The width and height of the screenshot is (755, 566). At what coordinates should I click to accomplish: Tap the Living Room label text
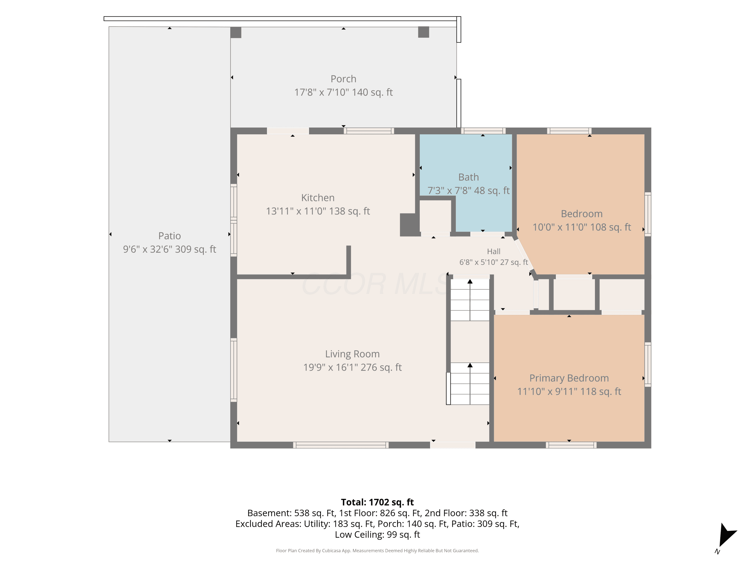tap(352, 354)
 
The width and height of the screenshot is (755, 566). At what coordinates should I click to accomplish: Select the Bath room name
tap(468, 177)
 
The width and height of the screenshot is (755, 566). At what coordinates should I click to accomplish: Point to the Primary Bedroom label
tap(569, 378)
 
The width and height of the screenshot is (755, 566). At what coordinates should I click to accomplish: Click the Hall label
tap(494, 252)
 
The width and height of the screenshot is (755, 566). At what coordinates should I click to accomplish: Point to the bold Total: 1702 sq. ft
tap(377, 502)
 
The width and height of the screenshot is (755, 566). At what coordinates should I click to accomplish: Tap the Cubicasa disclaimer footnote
tap(377, 551)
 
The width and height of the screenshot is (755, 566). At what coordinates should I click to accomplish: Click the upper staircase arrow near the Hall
tap(470, 300)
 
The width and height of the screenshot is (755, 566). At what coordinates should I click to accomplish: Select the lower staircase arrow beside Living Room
tap(470, 383)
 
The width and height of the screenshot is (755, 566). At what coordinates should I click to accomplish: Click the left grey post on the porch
tap(236, 33)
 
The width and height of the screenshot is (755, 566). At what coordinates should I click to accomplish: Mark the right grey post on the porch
tap(424, 32)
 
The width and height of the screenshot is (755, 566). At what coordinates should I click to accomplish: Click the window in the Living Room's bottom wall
tap(341, 445)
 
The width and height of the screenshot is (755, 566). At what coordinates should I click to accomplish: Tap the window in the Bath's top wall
tap(483, 131)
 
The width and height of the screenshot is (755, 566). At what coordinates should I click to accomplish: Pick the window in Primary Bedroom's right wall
tap(648, 364)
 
